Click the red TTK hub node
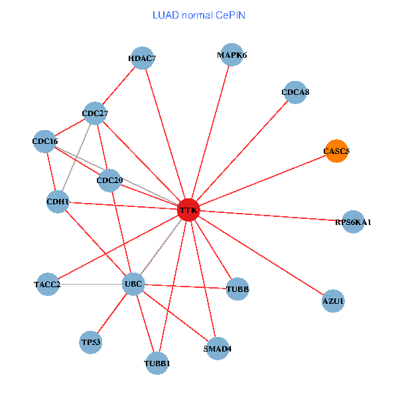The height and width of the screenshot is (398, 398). click(188, 210)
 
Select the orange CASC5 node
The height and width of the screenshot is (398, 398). click(336, 151)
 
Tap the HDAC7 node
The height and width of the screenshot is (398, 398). click(142, 58)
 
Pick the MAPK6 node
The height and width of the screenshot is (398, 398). click(232, 55)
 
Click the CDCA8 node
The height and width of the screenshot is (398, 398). click(295, 92)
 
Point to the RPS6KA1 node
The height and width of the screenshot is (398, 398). click(353, 222)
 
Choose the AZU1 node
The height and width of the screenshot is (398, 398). click(333, 301)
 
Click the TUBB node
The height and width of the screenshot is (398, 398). click(237, 289)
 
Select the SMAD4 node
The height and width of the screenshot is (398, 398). click(218, 348)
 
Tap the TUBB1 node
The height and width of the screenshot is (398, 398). click(157, 363)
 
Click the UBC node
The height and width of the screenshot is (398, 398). click(133, 284)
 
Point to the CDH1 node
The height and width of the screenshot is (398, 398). click(58, 202)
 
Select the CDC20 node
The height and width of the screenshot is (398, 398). click(109, 180)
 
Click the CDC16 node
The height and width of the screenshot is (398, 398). click(45, 141)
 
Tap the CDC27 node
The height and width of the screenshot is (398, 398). click(95, 113)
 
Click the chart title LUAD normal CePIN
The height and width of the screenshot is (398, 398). click(199, 15)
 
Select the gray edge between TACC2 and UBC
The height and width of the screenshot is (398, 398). click(90, 285)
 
